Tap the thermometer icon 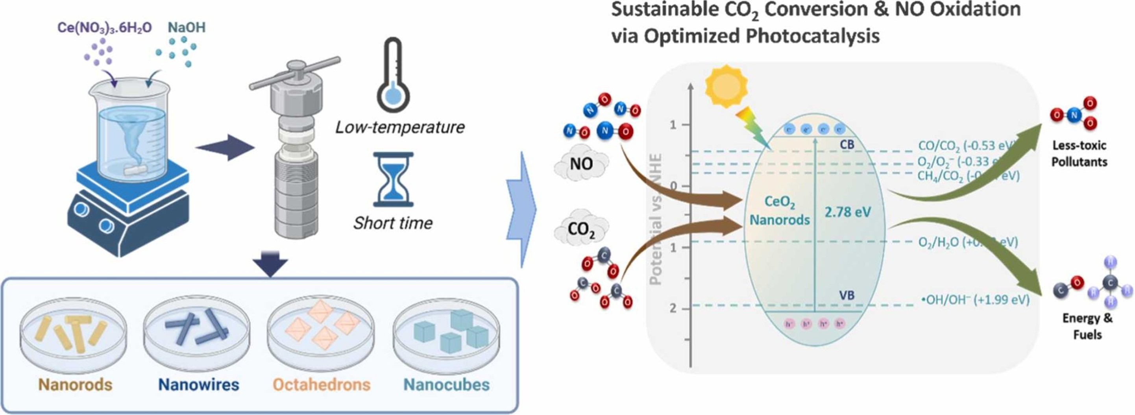[393, 75]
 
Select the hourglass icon [393, 179]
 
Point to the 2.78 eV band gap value [847, 212]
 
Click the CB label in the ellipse [847, 144]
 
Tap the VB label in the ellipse [847, 295]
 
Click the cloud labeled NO [581, 164]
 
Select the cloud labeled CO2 [581, 229]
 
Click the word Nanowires [198, 385]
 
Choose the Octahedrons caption [321, 385]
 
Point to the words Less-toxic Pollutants [1079, 154]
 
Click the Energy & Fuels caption [1087, 326]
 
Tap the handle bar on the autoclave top [294, 73]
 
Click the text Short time [393, 223]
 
